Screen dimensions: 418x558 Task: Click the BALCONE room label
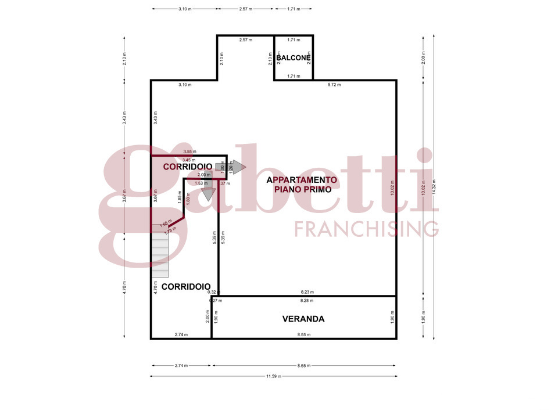tap(294, 58)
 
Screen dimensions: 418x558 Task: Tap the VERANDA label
tap(303, 319)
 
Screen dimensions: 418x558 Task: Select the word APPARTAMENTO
tap(302, 180)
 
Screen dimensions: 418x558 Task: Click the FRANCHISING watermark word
tap(366, 229)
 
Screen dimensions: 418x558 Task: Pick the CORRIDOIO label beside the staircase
tap(185, 287)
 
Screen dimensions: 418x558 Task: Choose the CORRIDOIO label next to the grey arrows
tap(187, 167)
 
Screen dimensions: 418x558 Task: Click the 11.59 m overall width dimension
tap(274, 376)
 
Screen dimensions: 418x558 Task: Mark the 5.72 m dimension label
tap(334, 85)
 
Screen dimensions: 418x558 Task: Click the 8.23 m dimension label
tap(306, 293)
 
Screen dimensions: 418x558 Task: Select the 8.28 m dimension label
tap(306, 301)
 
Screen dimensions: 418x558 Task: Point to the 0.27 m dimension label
tap(216, 301)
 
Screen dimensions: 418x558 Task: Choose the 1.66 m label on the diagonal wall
tap(166, 224)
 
